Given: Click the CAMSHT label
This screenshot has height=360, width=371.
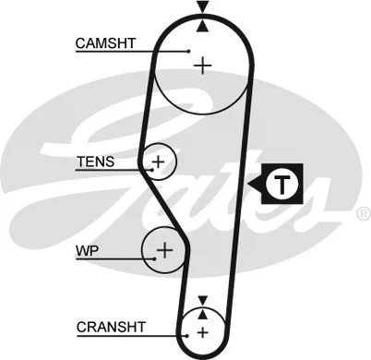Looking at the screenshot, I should coord(106,42).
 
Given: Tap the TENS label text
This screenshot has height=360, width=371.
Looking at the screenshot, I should coord(96,162).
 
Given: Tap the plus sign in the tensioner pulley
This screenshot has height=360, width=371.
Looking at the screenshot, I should coord(159,162).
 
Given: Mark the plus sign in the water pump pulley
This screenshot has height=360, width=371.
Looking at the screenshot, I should coord(164,249).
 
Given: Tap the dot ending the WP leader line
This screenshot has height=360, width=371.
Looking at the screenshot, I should coord(156,259).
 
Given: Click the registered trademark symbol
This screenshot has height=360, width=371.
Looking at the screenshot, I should coord(362,213).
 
